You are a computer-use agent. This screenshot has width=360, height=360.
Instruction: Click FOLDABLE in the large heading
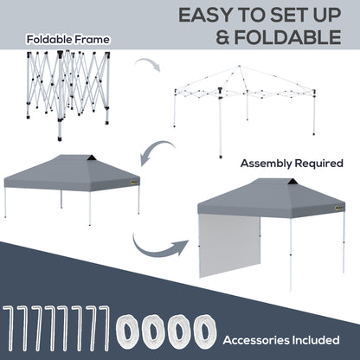click(x=286, y=38)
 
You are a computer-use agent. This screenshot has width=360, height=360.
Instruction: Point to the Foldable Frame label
click(x=55, y=40)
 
